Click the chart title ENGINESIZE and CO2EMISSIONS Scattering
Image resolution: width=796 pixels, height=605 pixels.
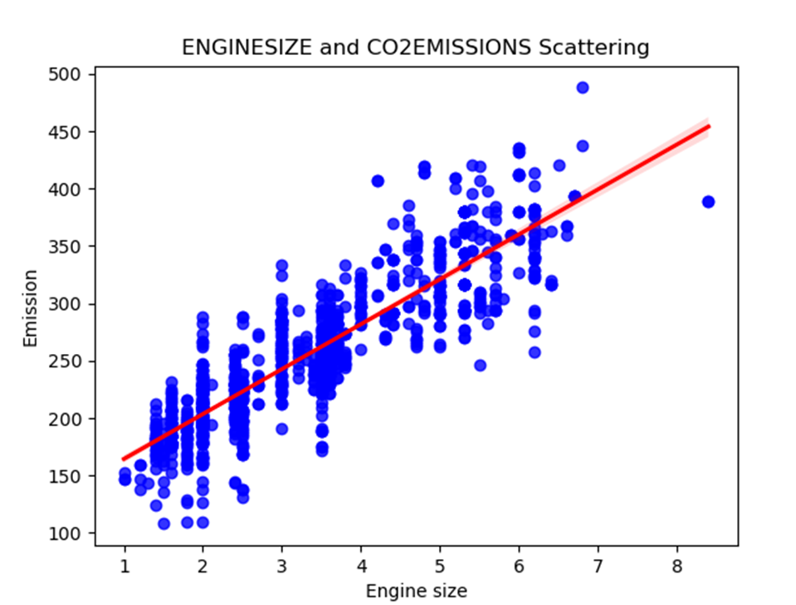pyautogui.click(x=415, y=47)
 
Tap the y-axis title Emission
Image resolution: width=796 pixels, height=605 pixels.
pyautogui.click(x=31, y=307)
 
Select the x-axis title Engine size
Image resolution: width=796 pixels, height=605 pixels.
pyautogui.click(x=416, y=591)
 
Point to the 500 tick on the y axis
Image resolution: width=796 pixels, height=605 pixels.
pyautogui.click(x=73, y=75)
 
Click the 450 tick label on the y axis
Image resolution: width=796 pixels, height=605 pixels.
pyautogui.click(x=73, y=132)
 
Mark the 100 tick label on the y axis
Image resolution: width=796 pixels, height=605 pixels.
pyautogui.click(x=73, y=533)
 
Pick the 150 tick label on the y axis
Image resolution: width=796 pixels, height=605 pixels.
pyautogui.click(x=73, y=476)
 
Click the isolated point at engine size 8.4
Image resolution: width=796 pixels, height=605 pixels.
pyautogui.click(x=708, y=202)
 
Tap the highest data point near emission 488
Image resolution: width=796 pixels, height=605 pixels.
pyautogui.click(x=583, y=87)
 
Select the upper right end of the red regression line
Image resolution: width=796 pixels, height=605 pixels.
pyautogui.click(x=708, y=126)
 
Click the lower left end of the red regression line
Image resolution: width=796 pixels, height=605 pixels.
pyautogui.click(x=125, y=459)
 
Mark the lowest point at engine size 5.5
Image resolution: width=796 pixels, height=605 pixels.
pyautogui.click(x=480, y=365)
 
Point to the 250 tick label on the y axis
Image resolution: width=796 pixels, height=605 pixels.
pyautogui.click(x=73, y=362)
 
